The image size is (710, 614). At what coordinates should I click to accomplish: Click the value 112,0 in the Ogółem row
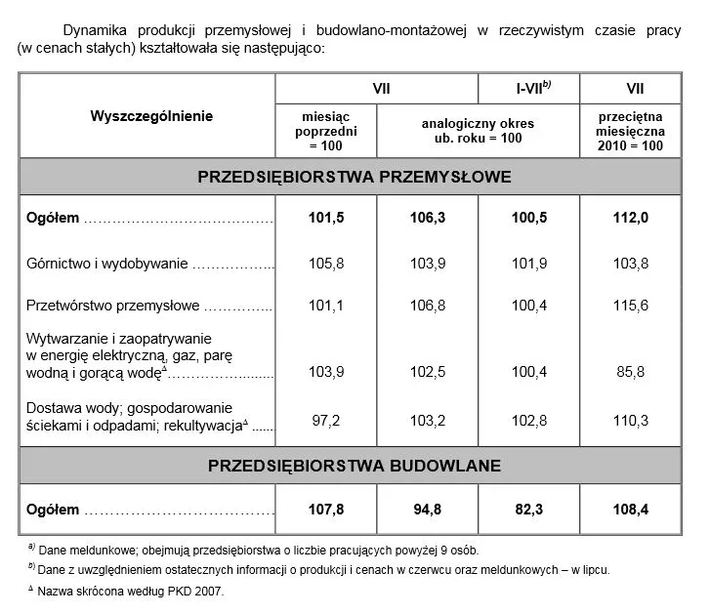[x=630, y=218]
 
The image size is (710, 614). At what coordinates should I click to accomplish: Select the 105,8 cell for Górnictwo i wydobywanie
[x=326, y=264]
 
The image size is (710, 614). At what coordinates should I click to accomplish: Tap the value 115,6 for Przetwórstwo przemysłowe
[x=630, y=306]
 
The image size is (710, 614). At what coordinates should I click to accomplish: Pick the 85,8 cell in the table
[x=630, y=373]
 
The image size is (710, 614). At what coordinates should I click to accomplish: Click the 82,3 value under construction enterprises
[x=528, y=510]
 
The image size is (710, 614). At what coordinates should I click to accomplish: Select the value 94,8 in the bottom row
[x=428, y=510]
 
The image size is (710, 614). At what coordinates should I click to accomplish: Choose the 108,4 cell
[x=630, y=510]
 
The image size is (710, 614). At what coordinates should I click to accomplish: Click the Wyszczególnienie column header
[x=151, y=116]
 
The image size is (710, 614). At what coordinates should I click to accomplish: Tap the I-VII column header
[x=528, y=88]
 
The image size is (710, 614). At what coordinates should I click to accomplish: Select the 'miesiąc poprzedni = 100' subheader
[x=326, y=130]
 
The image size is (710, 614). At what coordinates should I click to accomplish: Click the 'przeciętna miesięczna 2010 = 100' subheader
[x=630, y=130]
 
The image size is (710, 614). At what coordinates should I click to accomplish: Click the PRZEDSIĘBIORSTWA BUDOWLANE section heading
[x=355, y=466]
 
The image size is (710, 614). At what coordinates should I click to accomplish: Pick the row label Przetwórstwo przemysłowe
[x=113, y=306]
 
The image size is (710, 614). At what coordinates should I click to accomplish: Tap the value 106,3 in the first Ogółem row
[x=428, y=218]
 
